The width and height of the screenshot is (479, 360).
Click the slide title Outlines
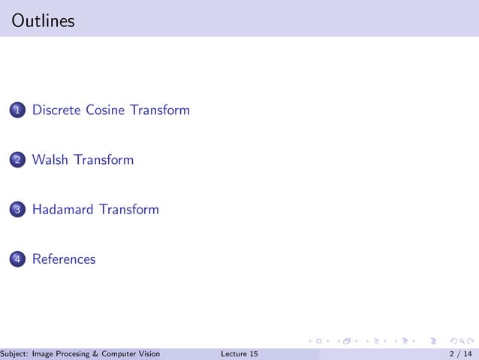(x=44, y=21)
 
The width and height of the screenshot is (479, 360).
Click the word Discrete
(x=56, y=110)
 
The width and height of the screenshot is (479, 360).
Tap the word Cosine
(x=105, y=110)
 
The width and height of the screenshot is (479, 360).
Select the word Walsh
(x=50, y=159)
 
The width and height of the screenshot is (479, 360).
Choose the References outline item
(x=64, y=259)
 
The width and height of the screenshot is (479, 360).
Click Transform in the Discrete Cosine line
(x=159, y=110)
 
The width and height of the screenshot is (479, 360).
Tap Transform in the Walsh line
(x=104, y=159)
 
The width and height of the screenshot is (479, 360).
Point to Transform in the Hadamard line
(x=128, y=209)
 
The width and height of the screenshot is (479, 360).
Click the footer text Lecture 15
(x=240, y=354)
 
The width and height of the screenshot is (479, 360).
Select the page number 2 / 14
(x=460, y=354)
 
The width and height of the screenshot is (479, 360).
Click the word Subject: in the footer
(x=15, y=354)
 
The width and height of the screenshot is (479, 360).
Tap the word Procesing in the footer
(x=79, y=354)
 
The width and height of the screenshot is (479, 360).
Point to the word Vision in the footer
(x=152, y=354)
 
